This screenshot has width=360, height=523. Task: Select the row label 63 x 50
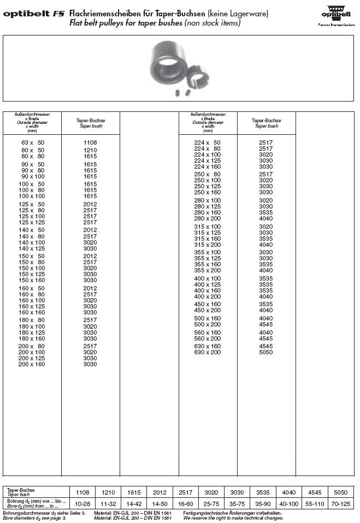(33, 142)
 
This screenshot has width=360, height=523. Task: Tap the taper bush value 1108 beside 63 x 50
(90, 142)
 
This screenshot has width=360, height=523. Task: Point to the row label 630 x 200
(208, 352)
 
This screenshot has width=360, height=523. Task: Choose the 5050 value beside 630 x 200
(266, 352)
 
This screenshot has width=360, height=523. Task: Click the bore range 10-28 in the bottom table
(82, 504)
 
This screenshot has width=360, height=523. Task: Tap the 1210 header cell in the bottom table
(108, 491)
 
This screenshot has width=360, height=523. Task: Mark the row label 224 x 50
(208, 142)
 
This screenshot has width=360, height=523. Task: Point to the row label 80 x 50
(33, 150)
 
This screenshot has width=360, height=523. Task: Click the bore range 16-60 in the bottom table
(186, 504)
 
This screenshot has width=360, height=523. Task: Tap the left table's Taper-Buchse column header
(90, 123)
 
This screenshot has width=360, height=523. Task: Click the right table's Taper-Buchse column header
(266, 123)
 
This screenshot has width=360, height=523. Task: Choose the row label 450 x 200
(208, 310)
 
